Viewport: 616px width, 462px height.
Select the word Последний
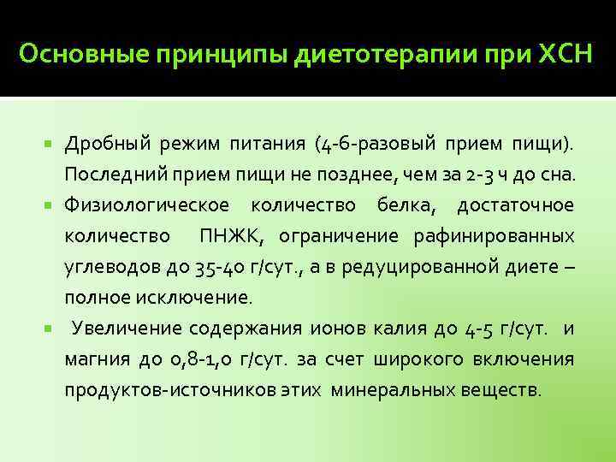click(x=110, y=175)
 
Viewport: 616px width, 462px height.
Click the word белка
click(x=407, y=205)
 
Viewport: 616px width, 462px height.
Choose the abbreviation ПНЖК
click(x=226, y=236)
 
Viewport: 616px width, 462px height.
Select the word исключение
click(x=203, y=298)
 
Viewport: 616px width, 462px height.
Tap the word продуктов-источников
click(x=166, y=389)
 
